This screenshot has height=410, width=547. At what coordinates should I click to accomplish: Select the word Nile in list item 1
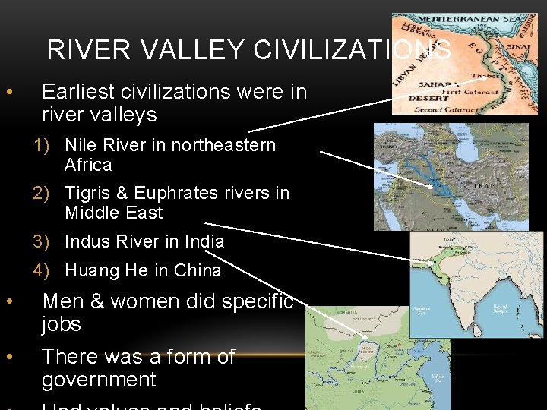82,145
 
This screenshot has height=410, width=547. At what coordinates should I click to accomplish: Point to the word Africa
88,165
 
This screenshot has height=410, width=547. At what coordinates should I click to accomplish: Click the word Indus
88,241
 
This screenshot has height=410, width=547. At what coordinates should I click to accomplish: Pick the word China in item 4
198,270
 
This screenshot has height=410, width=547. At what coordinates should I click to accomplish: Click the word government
99,380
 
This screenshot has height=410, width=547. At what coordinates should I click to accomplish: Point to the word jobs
62,324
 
